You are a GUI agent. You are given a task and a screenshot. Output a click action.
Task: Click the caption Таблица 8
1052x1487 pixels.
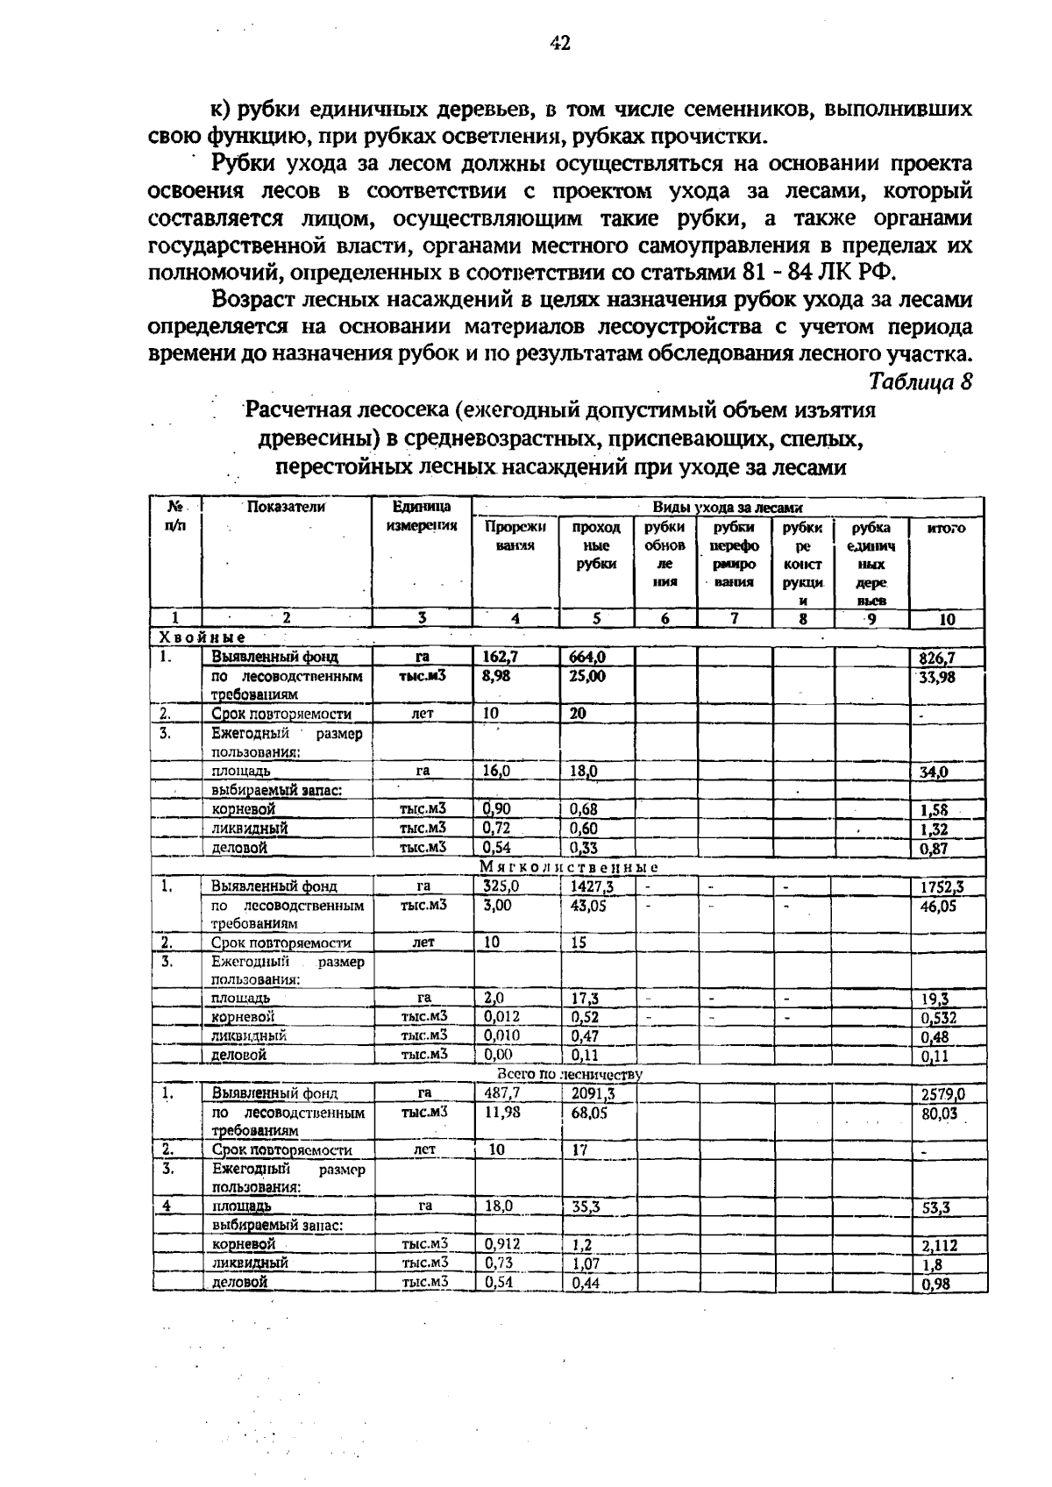[920, 382]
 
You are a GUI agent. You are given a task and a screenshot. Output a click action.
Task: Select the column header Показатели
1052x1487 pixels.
[286, 507]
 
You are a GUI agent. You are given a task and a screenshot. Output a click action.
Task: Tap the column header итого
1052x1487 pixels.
[947, 529]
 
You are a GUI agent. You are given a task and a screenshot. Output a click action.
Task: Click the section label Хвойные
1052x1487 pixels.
[202, 637]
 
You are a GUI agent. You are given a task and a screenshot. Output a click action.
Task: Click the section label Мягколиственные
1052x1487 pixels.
[569, 867]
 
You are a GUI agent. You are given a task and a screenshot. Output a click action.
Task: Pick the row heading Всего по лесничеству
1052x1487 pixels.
[569, 1074]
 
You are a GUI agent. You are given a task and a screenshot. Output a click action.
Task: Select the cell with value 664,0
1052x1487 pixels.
[588, 657]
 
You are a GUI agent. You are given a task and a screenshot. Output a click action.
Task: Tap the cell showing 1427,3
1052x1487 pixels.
[592, 886]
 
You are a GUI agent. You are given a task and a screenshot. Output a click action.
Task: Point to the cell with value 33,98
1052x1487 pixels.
[936, 677]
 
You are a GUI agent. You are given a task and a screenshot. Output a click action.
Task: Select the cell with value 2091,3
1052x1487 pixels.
[594, 1093]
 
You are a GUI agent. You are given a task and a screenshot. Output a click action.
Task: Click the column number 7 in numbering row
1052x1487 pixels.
[735, 619]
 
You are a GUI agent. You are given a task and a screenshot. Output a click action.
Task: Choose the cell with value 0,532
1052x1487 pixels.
[938, 1019]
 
